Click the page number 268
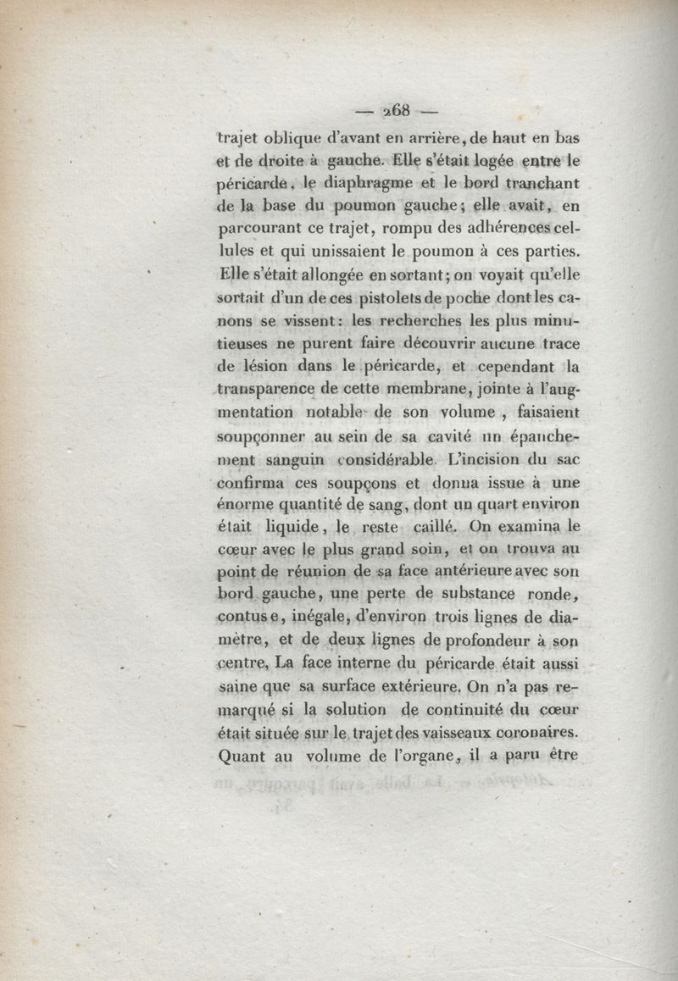[x=396, y=109]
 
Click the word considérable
[x=386, y=462]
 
